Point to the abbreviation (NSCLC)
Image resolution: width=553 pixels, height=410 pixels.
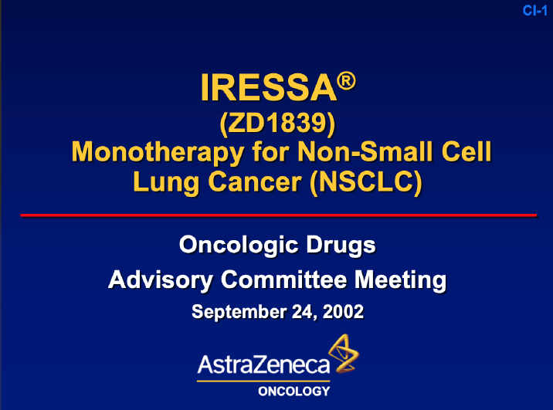coord(363,184)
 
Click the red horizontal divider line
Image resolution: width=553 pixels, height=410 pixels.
coord(278,215)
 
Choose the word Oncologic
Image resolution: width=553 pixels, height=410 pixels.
coord(242,246)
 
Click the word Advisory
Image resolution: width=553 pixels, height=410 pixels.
coord(161,279)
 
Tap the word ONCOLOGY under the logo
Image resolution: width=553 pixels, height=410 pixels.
coord(293,391)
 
